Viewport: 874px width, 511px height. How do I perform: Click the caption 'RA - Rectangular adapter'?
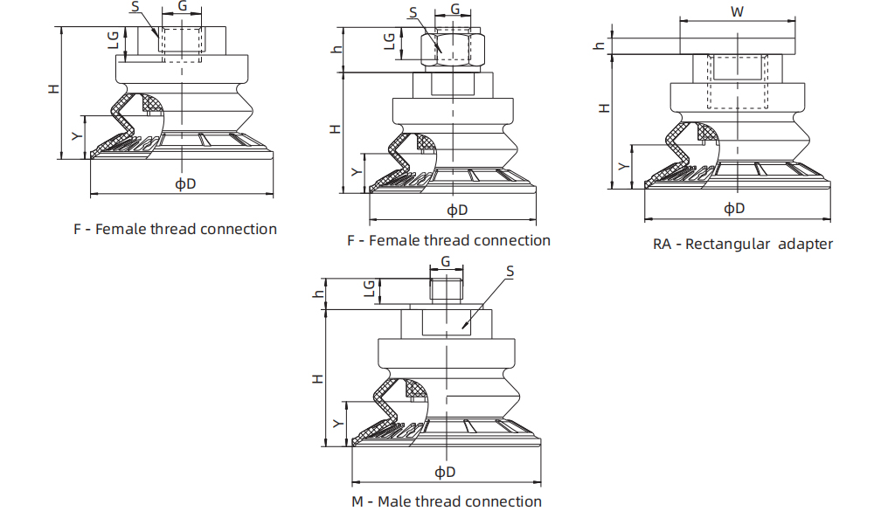[743, 244]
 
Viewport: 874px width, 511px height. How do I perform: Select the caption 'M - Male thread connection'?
[447, 501]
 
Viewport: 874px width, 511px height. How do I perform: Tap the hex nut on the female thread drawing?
[453, 51]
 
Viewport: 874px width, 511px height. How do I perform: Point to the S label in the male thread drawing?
[510, 272]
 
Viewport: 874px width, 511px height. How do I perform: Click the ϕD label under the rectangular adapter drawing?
[734, 208]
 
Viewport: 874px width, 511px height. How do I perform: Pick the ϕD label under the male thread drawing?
[446, 472]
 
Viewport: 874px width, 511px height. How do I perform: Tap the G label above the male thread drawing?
[446, 261]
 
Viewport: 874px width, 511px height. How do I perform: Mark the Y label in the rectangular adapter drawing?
[622, 166]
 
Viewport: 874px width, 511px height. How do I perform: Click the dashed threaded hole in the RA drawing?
[736, 83]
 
